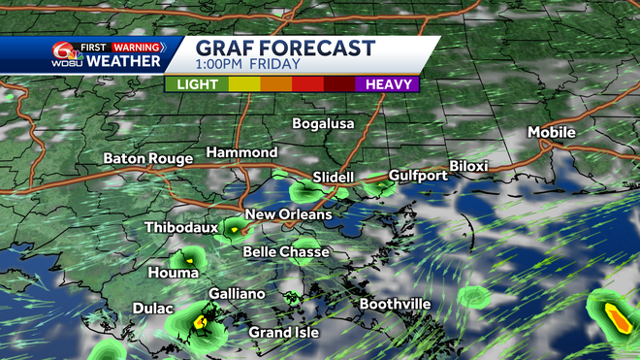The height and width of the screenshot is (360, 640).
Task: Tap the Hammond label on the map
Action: (241, 153)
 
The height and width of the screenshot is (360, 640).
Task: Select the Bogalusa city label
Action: (325, 124)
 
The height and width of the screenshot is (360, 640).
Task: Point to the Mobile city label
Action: (552, 132)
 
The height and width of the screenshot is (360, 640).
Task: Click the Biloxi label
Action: (468, 166)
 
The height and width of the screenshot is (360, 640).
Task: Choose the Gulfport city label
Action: (418, 176)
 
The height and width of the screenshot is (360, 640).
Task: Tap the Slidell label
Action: (336, 178)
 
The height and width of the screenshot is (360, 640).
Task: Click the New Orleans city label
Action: (288, 214)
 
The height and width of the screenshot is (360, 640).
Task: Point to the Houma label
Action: (167, 274)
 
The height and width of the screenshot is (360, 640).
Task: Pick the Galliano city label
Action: (237, 293)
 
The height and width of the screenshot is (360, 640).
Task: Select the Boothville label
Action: (395, 305)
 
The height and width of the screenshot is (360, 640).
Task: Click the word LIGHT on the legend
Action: (197, 84)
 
